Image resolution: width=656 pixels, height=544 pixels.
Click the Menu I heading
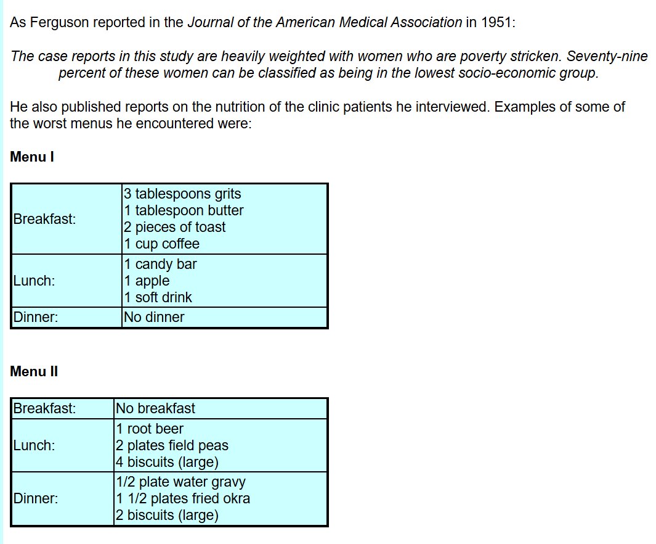click(32, 157)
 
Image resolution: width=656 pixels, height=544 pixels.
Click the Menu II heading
click(34, 371)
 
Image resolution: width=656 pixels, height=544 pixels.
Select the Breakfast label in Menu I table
click(44, 219)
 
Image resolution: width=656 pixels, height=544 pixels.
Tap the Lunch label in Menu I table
click(34, 281)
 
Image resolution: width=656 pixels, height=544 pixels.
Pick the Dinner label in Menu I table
click(35, 318)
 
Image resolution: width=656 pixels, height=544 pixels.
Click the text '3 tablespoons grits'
click(182, 194)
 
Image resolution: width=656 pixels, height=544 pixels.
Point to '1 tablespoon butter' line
click(184, 210)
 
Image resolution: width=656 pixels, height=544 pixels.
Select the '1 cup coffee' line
click(161, 244)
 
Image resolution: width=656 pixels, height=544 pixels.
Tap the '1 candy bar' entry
click(160, 264)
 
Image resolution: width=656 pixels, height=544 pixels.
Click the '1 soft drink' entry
click(158, 297)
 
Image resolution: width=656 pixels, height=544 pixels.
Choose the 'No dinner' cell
click(154, 318)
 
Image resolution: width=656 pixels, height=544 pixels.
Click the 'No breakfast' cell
click(155, 408)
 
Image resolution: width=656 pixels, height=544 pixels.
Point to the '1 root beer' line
click(150, 429)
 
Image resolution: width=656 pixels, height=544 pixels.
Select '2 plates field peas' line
click(171, 445)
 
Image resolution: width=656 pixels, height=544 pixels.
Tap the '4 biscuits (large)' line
click(167, 462)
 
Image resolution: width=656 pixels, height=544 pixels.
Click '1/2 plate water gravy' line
click(180, 482)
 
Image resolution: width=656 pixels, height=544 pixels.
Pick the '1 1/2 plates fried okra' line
click(183, 498)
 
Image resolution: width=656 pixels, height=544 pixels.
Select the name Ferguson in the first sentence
click(59, 23)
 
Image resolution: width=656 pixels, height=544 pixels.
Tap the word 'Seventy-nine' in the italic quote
click(607, 57)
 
